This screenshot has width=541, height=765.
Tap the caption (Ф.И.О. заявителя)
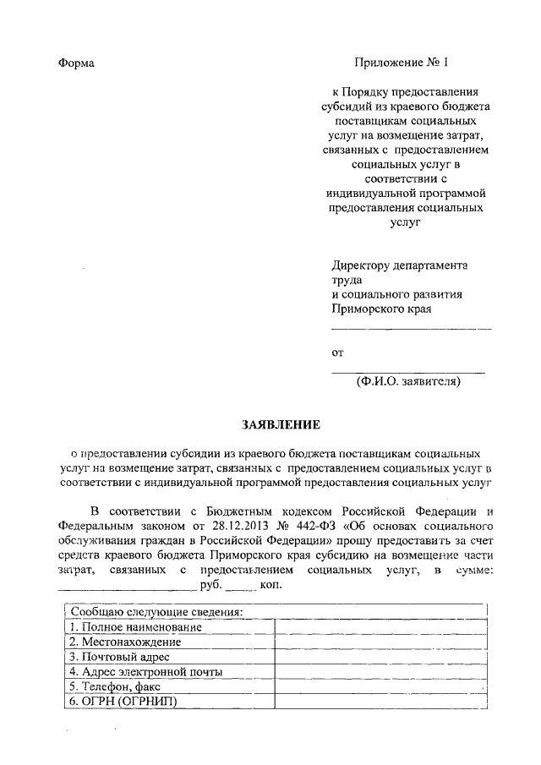tap(408, 381)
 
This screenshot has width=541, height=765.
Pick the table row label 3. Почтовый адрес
tap(120, 657)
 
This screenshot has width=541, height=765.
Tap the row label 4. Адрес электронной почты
tap(146, 672)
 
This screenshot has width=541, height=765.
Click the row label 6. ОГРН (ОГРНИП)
tap(123, 702)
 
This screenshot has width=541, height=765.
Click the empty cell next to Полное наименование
tap(380, 627)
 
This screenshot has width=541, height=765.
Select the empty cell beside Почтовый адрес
tap(380, 657)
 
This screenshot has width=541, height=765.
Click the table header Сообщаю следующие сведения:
tap(157, 612)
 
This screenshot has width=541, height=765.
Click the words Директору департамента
tap(399, 265)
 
